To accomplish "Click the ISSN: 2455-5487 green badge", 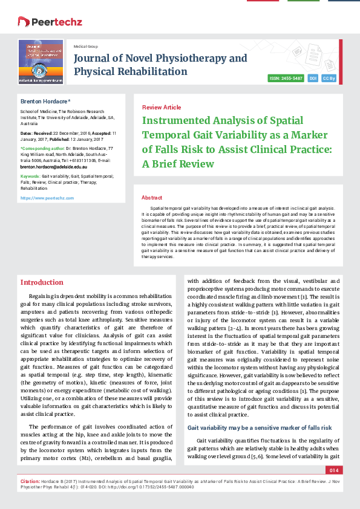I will click(286, 78).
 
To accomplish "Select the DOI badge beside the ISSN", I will click(313, 78).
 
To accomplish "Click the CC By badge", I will click(330, 78).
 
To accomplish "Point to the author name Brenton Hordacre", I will click(45, 101).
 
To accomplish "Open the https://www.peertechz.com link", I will click(47, 198).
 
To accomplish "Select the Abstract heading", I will click(151, 198).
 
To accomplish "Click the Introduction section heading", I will click(42, 282).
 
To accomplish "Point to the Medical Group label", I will click(86, 47).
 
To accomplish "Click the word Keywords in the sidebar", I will click(30, 175).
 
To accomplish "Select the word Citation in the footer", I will click(29, 478).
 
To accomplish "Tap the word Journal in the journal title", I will click(93, 58).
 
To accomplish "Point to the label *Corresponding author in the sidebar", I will click(42, 148).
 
